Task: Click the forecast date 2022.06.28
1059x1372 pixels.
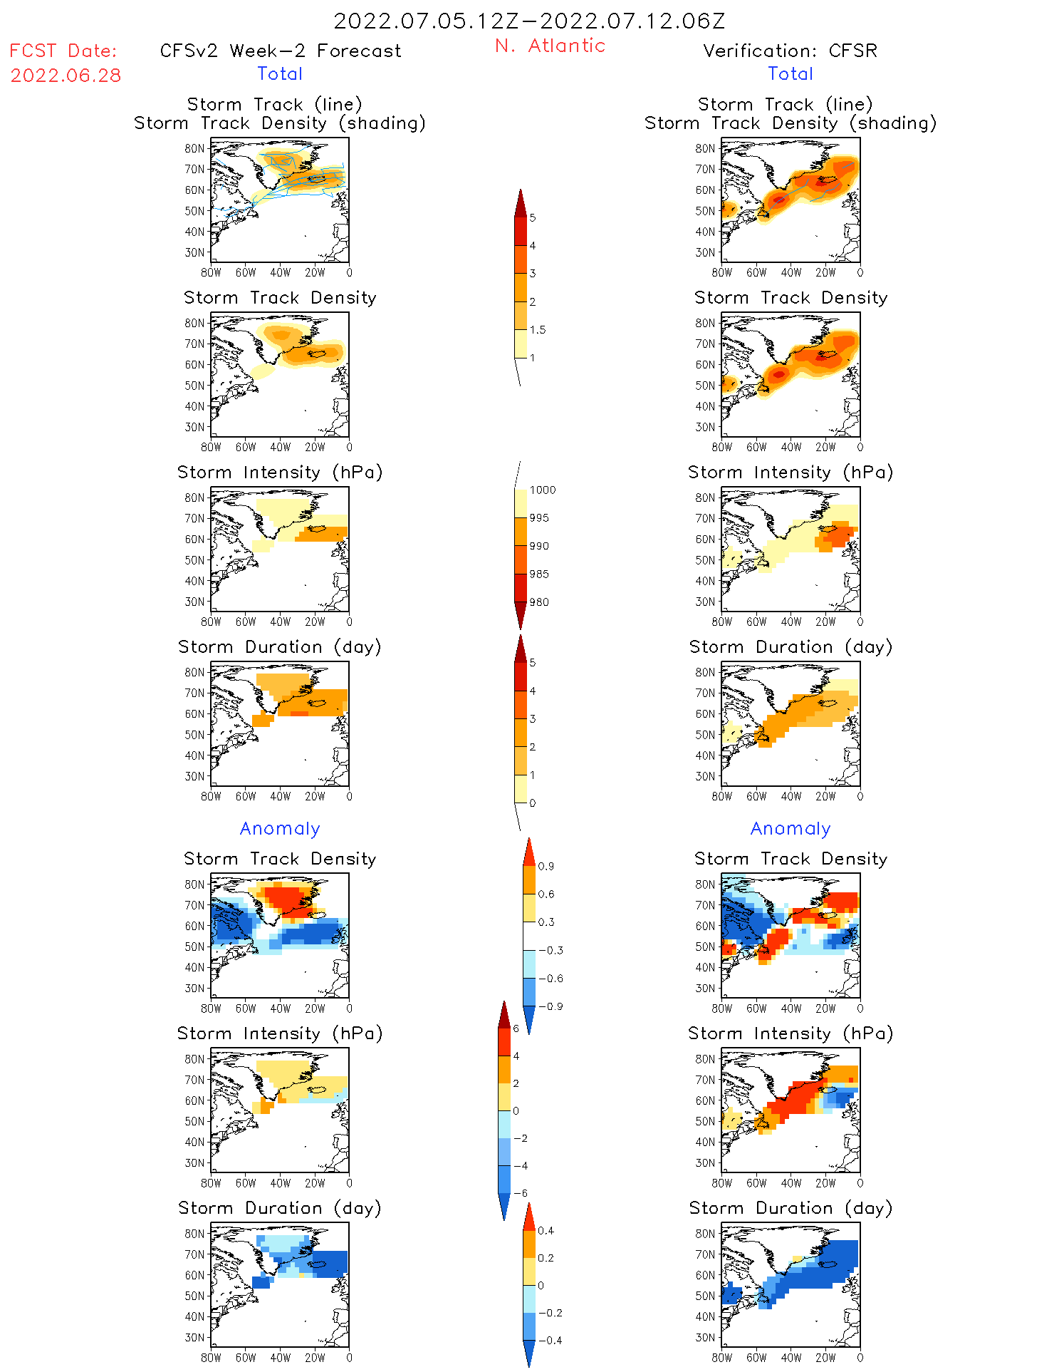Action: point(66,76)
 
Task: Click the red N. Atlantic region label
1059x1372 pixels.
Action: point(550,46)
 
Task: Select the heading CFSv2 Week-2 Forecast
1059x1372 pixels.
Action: point(281,51)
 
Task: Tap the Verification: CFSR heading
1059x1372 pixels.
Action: point(790,51)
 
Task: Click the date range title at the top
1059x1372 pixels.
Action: point(529,21)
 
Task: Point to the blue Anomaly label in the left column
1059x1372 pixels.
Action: point(280,829)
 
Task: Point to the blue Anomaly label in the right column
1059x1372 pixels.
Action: point(791,829)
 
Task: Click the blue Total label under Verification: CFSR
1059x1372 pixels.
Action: point(791,74)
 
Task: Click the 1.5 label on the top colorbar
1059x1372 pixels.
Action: point(538,330)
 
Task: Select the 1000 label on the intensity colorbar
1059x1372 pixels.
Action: point(542,490)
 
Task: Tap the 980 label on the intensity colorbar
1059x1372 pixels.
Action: point(539,602)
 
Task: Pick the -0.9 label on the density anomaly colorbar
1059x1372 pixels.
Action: point(551,1006)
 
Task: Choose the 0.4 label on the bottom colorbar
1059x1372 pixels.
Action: point(546,1231)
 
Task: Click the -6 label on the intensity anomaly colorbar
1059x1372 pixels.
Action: point(521,1193)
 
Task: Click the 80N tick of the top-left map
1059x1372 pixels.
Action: point(194,149)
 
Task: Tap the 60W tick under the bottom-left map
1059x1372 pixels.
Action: point(246,1358)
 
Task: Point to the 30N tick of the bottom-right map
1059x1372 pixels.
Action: point(705,1338)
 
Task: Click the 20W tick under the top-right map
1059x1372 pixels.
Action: point(825,273)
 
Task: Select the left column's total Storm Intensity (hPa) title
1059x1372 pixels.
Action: point(280,473)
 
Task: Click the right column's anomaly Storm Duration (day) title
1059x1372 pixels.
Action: point(791,1208)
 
